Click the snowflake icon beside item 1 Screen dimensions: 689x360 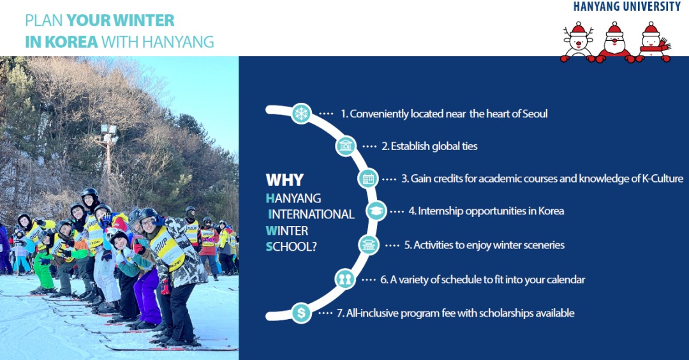pos(301,114)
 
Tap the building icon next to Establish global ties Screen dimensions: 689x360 pos(346,146)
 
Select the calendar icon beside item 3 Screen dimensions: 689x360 pos(368,179)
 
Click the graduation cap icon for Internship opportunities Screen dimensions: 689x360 pos(376,211)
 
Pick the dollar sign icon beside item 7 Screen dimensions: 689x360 pos(301,313)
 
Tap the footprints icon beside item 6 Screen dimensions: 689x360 pos(344,279)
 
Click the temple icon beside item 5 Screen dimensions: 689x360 pos(368,245)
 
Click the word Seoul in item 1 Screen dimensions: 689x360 pos(535,114)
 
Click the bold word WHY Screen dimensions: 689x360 pos(285,180)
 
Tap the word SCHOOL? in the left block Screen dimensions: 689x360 pos(291,246)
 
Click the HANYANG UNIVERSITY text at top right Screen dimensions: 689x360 pos(627,6)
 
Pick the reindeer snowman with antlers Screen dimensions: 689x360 pos(577,43)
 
